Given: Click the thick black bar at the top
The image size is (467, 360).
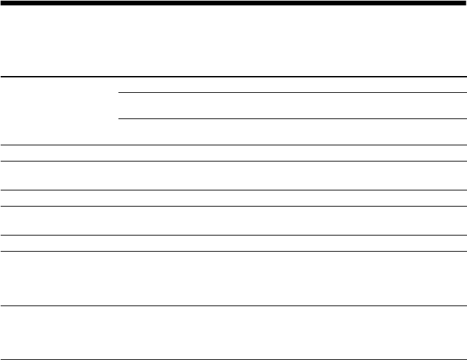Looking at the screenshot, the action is [233, 3].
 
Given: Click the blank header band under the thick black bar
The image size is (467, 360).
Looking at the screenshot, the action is [233, 40].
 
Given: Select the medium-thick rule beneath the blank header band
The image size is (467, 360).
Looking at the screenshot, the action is [233, 76].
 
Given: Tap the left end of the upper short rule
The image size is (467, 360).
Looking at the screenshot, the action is [119, 92].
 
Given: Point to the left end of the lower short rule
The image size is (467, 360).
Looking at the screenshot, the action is [119, 120].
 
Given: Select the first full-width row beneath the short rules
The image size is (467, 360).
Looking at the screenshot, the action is [233, 153].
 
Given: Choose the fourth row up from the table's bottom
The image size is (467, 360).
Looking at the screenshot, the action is [233, 221].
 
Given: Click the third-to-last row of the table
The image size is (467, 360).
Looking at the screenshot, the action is [233, 243].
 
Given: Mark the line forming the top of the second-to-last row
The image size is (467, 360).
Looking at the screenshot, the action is [233, 252].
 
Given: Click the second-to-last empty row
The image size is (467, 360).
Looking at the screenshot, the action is [233, 279].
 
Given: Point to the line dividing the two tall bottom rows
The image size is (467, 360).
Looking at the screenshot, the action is [233, 306].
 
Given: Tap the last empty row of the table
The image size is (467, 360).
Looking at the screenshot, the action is [233, 332].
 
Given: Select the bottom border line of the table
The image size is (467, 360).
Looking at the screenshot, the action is [233, 359].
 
